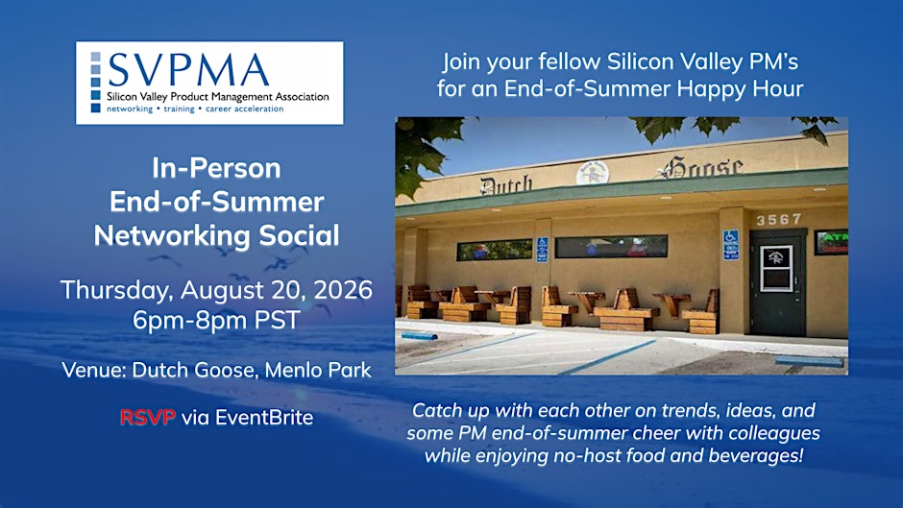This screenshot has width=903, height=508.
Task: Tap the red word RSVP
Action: point(147,417)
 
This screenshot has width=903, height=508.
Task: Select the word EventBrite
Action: point(264,417)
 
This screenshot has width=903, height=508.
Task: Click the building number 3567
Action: point(779,220)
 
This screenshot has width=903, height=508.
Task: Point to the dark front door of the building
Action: point(777,282)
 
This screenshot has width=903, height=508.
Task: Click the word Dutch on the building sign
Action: point(506,185)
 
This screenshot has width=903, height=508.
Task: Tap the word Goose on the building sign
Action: point(702,167)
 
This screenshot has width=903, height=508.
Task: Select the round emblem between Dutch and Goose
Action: point(593,173)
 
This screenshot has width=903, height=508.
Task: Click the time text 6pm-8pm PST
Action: point(216,320)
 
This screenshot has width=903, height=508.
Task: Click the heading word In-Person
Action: point(216,168)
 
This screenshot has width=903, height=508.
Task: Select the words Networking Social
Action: point(216,235)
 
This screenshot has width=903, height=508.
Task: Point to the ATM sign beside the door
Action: point(831,243)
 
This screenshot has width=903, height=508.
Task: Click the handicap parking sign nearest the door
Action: point(730,244)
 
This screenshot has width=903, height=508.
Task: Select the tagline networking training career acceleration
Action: point(195,109)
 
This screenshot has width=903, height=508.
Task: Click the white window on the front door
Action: point(776,268)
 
